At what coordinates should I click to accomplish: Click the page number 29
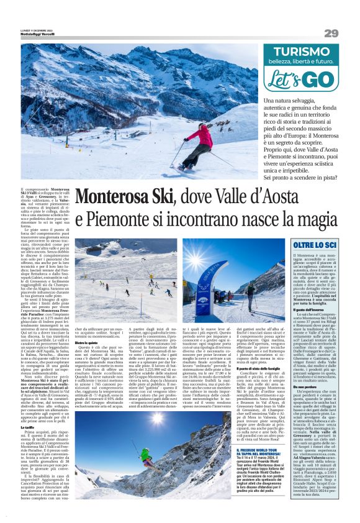[x=331, y=32]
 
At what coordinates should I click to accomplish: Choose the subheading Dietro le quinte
[x=86, y=342]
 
